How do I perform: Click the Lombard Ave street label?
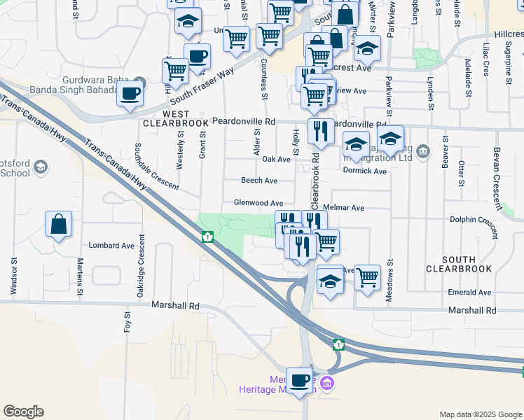(x=111, y=246)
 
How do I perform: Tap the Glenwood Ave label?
(x=258, y=203)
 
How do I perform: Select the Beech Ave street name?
(x=259, y=181)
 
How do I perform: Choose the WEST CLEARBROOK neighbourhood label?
(x=176, y=118)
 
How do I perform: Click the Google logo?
(x=23, y=412)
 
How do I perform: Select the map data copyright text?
(x=480, y=414)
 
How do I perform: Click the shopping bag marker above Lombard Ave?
(x=60, y=225)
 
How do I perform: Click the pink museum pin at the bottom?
(x=326, y=384)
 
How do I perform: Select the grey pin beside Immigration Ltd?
(x=422, y=150)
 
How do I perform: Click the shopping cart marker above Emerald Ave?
(x=367, y=279)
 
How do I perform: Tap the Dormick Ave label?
(x=365, y=171)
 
